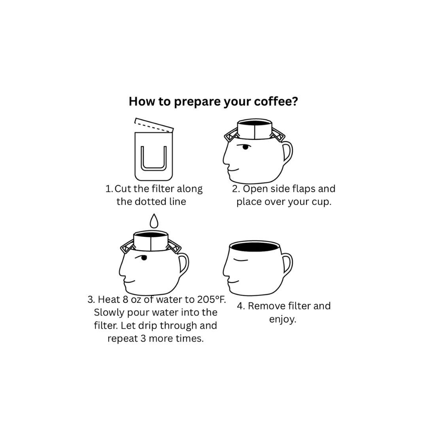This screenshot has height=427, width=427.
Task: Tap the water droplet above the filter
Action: pyautogui.click(x=154, y=220)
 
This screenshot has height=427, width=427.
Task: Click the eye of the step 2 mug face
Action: pyautogui.click(x=246, y=147)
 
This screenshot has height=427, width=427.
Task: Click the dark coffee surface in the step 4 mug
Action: pyautogui.click(x=255, y=248)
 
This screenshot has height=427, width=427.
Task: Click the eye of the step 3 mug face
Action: pyautogui.click(x=144, y=258)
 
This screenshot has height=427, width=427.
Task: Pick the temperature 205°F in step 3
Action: pyautogui.click(x=212, y=299)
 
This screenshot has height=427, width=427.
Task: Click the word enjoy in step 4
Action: pyautogui.click(x=282, y=319)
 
